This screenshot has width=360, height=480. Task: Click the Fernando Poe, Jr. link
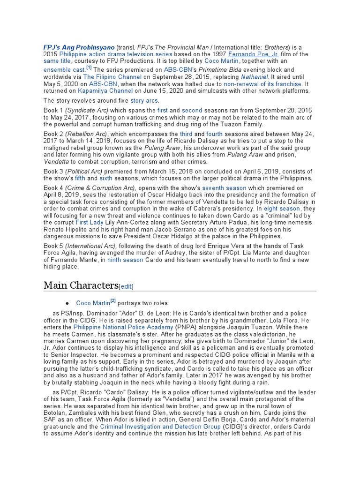pos(254,54)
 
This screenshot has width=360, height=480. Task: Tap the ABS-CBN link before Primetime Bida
pos(177,69)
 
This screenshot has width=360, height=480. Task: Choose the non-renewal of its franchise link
pos(262,83)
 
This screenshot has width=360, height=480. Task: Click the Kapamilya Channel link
pos(99,90)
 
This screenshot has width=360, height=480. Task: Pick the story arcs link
pos(144,101)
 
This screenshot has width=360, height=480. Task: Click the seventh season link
pos(224,188)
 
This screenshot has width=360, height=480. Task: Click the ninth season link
pos(125,260)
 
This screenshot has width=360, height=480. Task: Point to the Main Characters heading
pos(80,285)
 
